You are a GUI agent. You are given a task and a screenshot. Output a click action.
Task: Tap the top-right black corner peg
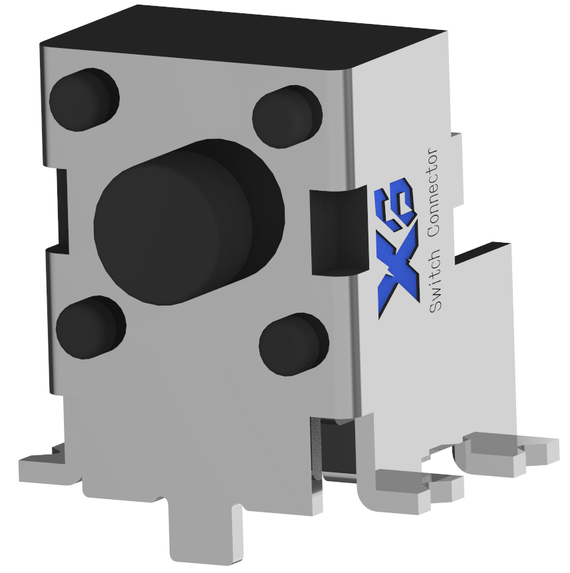(x=287, y=116)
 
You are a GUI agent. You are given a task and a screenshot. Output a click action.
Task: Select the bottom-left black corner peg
(x=90, y=327)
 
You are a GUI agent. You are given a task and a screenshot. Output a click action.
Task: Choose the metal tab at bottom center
(x=204, y=532)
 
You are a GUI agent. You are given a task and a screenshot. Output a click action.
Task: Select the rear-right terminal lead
(x=505, y=453)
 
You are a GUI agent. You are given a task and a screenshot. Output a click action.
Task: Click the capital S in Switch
(x=436, y=306)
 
